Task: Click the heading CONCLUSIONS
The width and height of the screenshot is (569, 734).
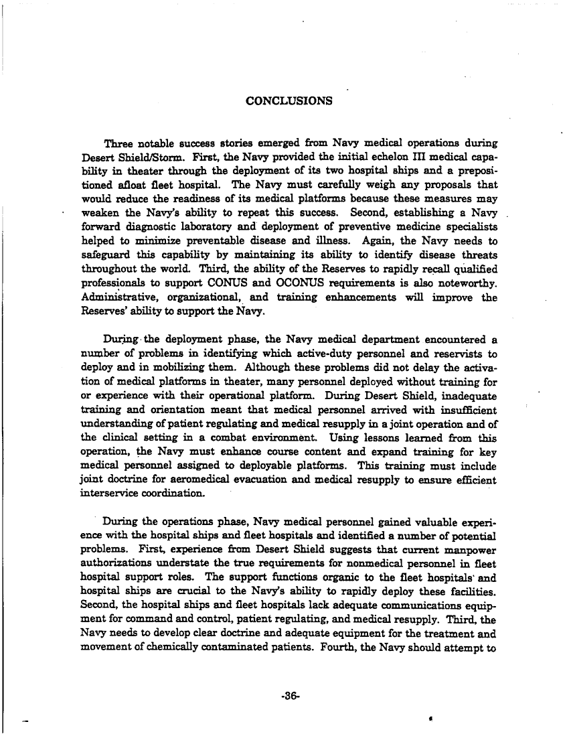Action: pyautogui.click(x=289, y=101)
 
